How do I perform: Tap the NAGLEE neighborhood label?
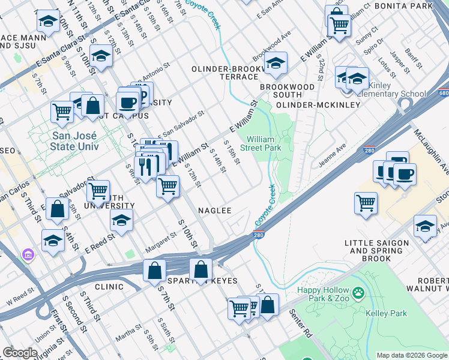point(215,211)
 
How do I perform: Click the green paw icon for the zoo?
point(358,293)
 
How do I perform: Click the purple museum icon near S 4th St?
point(28,255)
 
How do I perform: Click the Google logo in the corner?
point(20,353)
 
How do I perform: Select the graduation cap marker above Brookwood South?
point(275,63)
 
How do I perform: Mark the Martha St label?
point(129,334)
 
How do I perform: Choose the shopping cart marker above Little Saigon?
point(366,203)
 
